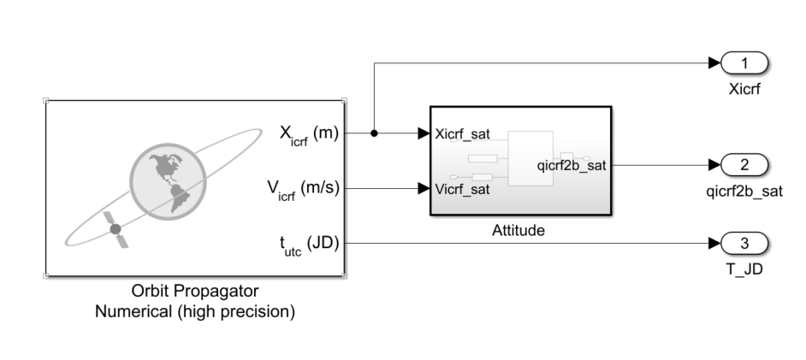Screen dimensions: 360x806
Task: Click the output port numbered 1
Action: [744, 63]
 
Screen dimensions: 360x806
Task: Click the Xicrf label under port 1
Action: [744, 89]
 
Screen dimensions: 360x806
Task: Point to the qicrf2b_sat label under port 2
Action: [744, 192]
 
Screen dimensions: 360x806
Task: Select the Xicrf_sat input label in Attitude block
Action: [463, 134]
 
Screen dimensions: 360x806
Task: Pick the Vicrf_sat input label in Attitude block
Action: [463, 189]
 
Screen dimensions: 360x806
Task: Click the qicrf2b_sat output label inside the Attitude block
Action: [571, 165]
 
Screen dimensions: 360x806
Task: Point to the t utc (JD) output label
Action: [309, 245]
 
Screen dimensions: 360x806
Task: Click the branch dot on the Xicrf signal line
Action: [374, 133]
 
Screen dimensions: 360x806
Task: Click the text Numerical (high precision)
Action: [196, 311]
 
